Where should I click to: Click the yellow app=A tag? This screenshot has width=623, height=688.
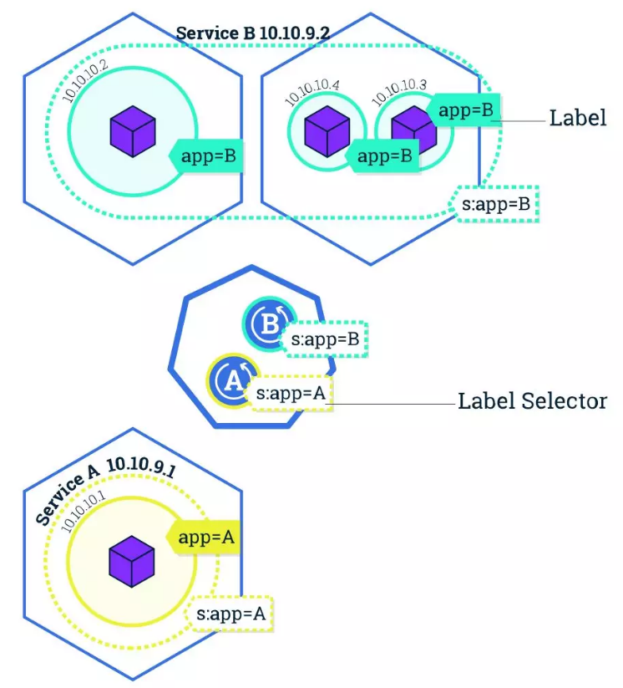pyautogui.click(x=205, y=538)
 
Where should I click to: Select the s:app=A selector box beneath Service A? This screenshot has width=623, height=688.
pyautogui.click(x=231, y=614)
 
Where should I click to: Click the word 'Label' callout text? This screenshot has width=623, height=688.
pyautogui.click(x=577, y=117)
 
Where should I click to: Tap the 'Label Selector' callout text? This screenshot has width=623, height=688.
pyautogui.click(x=531, y=401)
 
